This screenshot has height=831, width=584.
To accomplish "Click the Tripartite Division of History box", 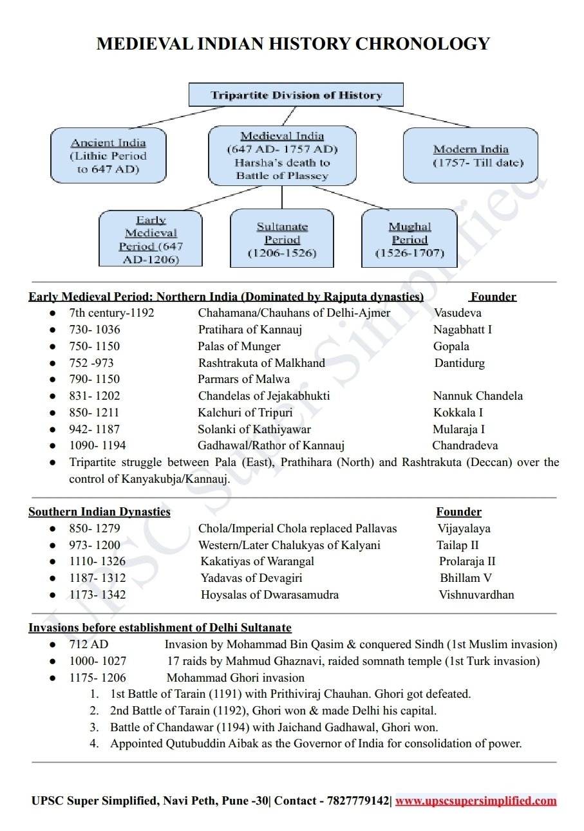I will [296, 95].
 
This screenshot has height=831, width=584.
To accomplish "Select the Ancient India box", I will [108, 155].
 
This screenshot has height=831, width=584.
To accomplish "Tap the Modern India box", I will [470, 155].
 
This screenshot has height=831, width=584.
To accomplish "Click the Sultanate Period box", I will [282, 239].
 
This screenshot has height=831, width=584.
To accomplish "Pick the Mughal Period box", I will [410, 239].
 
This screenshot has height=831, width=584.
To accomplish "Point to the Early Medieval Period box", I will [151, 239].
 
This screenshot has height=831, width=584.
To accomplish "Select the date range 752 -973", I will [91, 363].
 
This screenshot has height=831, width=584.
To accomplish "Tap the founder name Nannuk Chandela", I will [478, 396].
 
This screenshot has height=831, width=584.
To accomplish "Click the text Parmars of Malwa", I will [243, 379].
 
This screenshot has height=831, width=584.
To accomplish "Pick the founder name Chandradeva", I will [465, 445].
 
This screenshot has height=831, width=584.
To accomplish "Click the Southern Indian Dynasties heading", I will [99, 512].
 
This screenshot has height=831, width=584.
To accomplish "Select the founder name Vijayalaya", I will [464, 528].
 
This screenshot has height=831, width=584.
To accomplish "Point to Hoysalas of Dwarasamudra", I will [269, 595].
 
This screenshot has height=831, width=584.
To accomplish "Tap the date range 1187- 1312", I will [98, 578].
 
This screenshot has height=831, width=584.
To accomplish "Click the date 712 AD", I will [89, 644].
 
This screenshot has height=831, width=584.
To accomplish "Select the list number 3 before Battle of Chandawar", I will [94, 727].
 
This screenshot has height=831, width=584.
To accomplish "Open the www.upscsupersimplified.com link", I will [475, 801].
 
